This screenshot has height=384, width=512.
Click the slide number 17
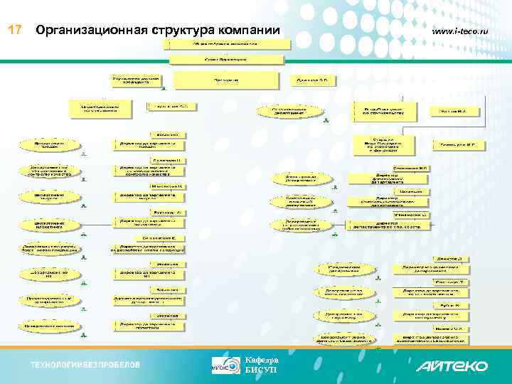[x=15, y=31]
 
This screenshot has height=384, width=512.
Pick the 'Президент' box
[x=227, y=80]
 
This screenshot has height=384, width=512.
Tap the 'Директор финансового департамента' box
[x=387, y=178]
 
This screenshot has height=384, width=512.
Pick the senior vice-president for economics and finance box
[x=384, y=145]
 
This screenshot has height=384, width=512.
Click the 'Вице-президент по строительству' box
[x=384, y=110]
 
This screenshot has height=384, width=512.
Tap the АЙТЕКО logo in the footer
[x=452, y=366]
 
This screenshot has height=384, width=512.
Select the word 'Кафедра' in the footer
[x=261, y=360]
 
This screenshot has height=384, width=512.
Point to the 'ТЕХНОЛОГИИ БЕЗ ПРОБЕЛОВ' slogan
[x=85, y=366]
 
